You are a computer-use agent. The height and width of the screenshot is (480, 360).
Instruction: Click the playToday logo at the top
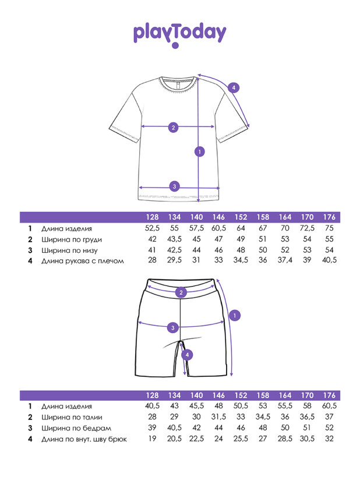pyautogui.click(x=179, y=35)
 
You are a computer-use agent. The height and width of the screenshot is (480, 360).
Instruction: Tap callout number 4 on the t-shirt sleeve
pyautogui.click(x=234, y=88)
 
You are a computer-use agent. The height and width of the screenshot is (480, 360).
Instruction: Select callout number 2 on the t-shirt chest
pyautogui.click(x=173, y=128)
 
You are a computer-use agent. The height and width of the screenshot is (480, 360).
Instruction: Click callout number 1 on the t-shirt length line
pyautogui.click(x=200, y=151)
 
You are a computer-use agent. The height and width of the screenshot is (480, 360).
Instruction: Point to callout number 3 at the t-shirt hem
pyautogui.click(x=175, y=186)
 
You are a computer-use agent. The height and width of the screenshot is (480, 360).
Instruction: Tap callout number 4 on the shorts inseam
pyautogui.click(x=187, y=355)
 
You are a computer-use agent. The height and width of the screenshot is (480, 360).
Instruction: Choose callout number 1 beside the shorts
pyautogui.click(x=235, y=315)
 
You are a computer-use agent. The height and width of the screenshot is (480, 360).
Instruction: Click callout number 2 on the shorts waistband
pyautogui.click(x=181, y=292)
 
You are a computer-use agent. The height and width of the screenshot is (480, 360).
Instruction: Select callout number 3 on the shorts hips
pyautogui.click(x=172, y=328)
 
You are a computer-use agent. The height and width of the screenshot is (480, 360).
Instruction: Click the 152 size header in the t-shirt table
pyautogui.click(x=241, y=217)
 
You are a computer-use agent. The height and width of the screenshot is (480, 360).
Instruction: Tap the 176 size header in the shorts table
pyautogui.click(x=329, y=395)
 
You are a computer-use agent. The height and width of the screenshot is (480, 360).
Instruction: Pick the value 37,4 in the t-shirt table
pyautogui.click(x=285, y=260)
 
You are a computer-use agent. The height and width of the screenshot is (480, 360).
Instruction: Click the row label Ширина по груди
pyautogui.click(x=72, y=239)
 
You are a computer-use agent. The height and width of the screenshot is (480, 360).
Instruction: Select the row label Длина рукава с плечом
pyautogui.click(x=83, y=261)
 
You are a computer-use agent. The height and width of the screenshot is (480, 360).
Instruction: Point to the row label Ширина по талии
pyautogui.click(x=72, y=417)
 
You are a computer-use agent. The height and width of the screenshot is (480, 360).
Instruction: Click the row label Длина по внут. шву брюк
pyautogui.click(x=84, y=439)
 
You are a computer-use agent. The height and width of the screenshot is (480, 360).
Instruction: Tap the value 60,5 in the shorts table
pyautogui.click(x=329, y=406)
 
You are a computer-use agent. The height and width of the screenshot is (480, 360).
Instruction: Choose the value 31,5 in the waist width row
pyautogui.click(x=218, y=417)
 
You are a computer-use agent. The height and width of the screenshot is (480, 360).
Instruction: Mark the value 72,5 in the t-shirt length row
pyautogui.click(x=307, y=228)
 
